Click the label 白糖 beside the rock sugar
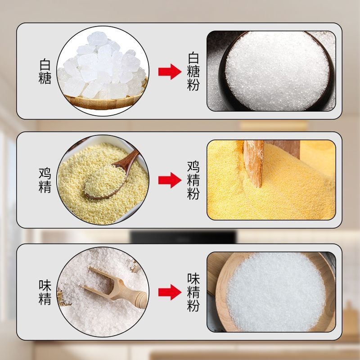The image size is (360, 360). pos(45,72)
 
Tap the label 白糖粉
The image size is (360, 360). pos(193,72)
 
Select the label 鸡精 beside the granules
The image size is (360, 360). pos(45,180)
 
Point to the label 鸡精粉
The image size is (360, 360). pos(193,180)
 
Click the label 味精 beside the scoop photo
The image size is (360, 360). pos(45,292)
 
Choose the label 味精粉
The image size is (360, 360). pos(193,292)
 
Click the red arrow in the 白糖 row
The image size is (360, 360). pos(170,72)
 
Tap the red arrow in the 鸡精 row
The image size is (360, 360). pos(170,180)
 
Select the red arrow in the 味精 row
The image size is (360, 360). pos(170,292)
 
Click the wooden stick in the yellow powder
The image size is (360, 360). pos(254,163)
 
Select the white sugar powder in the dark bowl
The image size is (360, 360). pos(277,71)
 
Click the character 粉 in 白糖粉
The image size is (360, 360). pos(193,85)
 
